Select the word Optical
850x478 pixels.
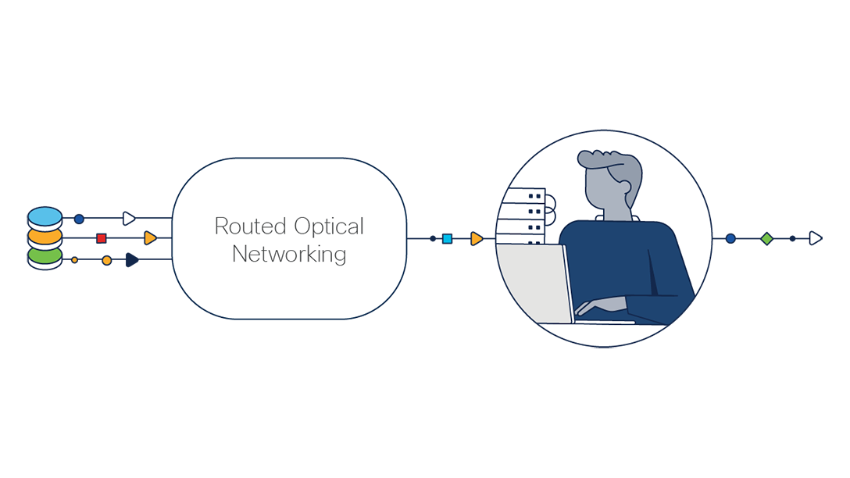click(328, 227)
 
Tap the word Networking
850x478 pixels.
click(289, 254)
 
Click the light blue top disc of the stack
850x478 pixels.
click(45, 216)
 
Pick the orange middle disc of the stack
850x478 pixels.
click(45, 236)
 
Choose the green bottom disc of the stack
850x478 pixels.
click(45, 255)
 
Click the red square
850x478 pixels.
click(102, 238)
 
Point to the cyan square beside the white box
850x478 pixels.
click(447, 239)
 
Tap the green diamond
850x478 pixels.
click(766, 239)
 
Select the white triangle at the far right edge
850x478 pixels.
click(815, 238)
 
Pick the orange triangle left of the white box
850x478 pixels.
click(150, 238)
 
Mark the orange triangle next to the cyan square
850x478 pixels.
click(477, 239)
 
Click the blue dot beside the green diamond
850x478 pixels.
click(730, 239)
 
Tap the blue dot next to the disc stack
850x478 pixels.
click(79, 219)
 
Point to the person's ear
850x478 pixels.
click(624, 187)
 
